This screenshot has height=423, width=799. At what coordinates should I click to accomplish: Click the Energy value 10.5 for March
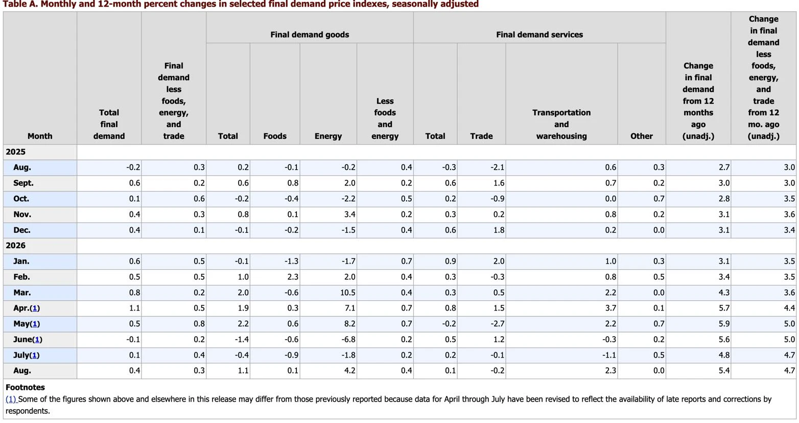pos(348,292)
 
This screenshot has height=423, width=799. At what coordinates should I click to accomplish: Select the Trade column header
pos(481,136)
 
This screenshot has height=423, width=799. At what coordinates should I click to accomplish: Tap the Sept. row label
pos(23,183)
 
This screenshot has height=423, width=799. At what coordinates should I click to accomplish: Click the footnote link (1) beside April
pos(35,308)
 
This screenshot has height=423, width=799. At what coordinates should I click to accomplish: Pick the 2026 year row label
pos(15,245)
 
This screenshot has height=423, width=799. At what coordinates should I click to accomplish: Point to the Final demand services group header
pos(539,35)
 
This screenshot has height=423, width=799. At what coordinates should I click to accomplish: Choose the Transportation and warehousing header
pos(561,124)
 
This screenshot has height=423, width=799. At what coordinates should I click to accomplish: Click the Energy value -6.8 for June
pos(348,339)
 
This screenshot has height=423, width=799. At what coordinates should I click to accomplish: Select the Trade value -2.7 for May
pos(497,323)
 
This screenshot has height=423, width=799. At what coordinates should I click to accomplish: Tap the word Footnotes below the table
pos(25,387)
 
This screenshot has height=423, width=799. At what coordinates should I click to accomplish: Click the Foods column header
pos(275,136)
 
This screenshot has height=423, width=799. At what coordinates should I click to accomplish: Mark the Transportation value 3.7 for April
pos(610,308)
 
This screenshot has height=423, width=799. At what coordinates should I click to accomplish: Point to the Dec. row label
pos(22,230)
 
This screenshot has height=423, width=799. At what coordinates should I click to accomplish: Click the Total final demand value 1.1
pos(134,308)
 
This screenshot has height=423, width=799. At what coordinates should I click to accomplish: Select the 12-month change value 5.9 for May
pos(724,323)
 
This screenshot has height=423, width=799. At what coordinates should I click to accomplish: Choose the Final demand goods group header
pos(310,35)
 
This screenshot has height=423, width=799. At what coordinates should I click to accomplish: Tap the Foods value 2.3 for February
pos(293,277)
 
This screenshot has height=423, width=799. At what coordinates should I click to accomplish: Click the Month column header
pos(40,136)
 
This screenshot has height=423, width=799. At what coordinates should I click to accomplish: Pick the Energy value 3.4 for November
pos(349,215)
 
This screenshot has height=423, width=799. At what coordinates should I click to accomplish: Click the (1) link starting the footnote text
pos(11,399)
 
